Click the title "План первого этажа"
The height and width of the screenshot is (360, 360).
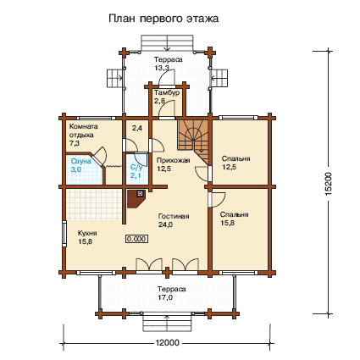[x=163, y=19]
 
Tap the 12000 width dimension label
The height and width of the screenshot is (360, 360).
[x=167, y=343]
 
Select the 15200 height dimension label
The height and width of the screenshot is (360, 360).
[x=329, y=184]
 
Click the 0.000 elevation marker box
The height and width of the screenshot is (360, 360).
[x=136, y=239]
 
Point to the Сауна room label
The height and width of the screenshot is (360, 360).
[x=80, y=161]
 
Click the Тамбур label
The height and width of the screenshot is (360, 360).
[x=167, y=92]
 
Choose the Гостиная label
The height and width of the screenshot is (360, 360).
[x=174, y=216]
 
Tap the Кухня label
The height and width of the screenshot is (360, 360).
[x=87, y=233]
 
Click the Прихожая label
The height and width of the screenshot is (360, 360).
[x=173, y=160]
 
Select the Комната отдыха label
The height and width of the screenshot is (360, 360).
[x=83, y=130]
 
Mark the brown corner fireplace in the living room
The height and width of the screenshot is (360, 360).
[x=136, y=198]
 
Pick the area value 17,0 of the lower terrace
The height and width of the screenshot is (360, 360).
[x=165, y=297]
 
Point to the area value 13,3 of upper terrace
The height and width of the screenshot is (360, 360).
[x=162, y=68]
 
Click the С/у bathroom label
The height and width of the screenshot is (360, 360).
[x=136, y=167]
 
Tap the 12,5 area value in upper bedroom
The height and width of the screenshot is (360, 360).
[x=229, y=167]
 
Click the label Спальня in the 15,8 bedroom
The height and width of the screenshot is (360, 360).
[x=235, y=214]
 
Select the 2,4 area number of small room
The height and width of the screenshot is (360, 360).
[x=137, y=128]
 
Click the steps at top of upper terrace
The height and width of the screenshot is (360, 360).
[x=168, y=42]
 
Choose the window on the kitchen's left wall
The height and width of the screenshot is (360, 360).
[x=64, y=234]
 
